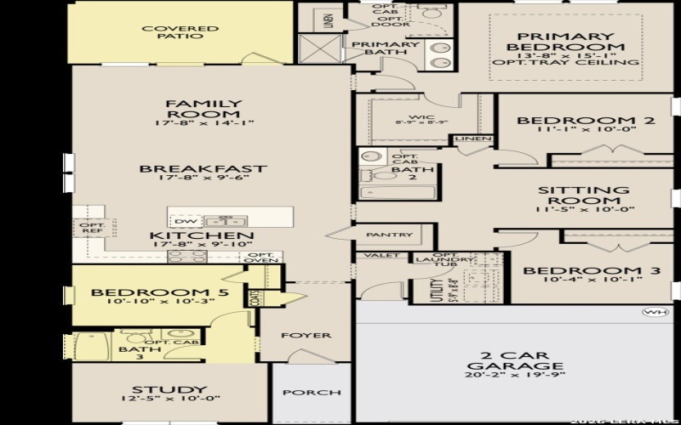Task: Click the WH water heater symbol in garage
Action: [653, 312]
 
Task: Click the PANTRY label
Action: [389, 235]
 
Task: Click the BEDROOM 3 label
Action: [592, 271]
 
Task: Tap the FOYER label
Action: [306, 335]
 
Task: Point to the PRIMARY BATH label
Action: [385, 48]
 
